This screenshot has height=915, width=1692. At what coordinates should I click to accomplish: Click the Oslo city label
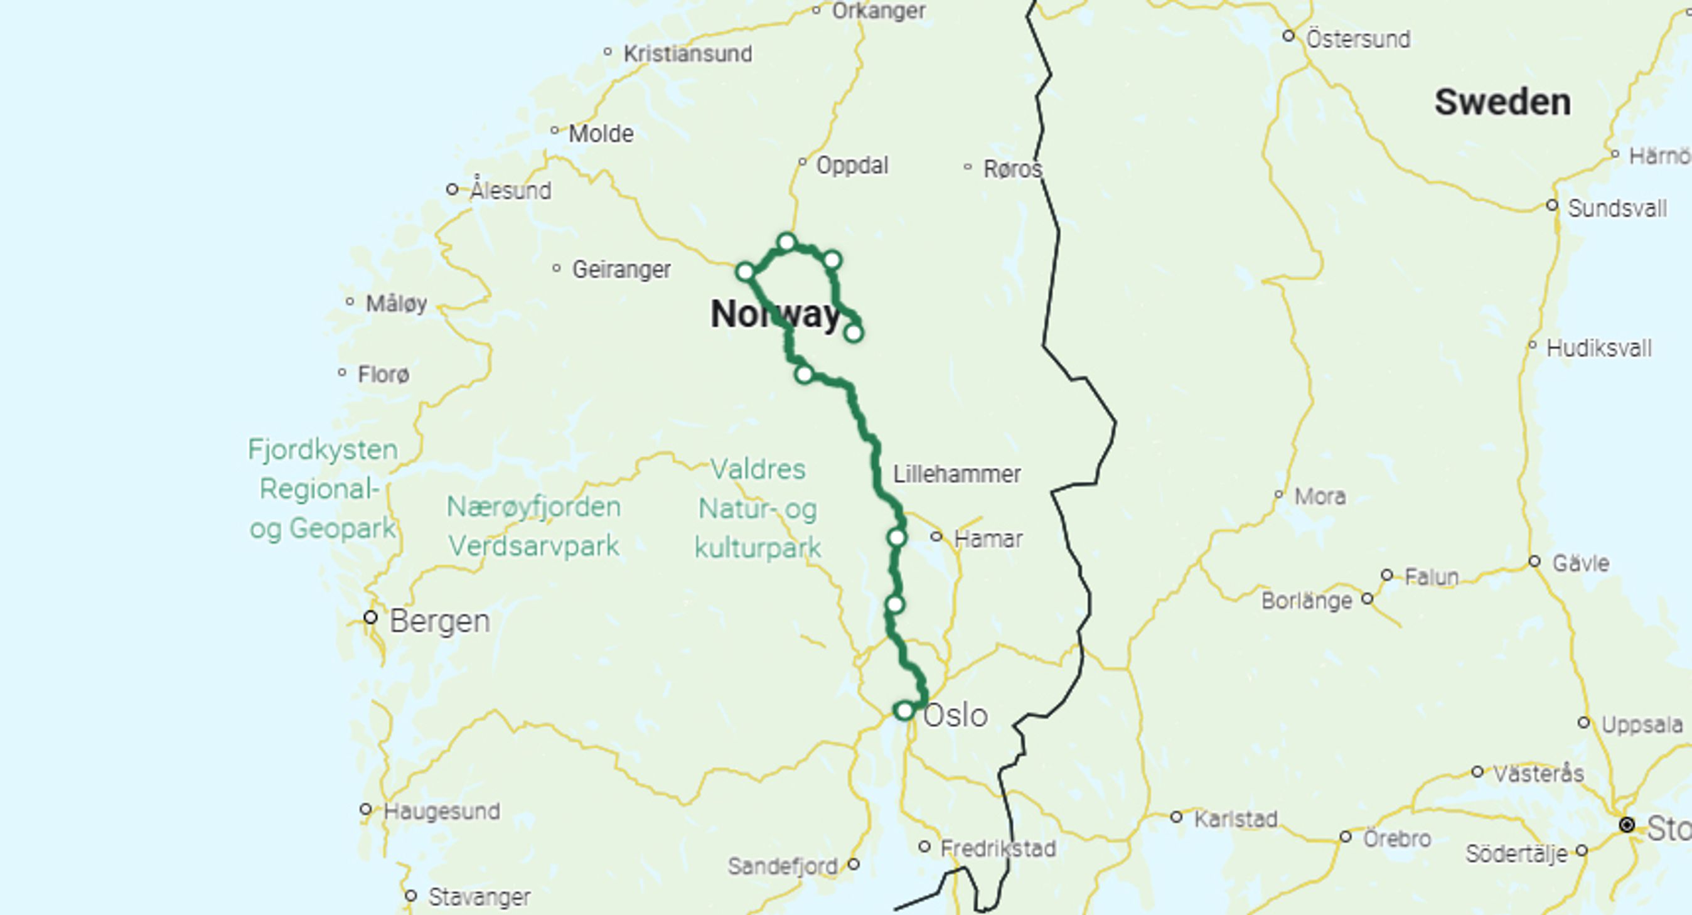coord(955,715)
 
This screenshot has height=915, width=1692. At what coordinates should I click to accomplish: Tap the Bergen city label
coord(439,621)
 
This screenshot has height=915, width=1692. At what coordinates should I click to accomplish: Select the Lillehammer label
coord(956,474)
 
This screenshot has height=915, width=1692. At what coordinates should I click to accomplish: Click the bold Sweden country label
coord(1502,102)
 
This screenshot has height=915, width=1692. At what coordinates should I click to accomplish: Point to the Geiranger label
coord(621,269)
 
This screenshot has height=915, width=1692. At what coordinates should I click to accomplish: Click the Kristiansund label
coord(687,54)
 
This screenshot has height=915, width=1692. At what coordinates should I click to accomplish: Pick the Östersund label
coord(1357,40)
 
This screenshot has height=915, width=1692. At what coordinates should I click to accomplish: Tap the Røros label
coord(1012,169)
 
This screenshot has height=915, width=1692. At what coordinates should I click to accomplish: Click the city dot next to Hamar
coord(936,537)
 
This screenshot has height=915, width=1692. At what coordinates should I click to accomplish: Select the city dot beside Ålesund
coord(452,190)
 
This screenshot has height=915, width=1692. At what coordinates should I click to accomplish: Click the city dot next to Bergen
coord(370,618)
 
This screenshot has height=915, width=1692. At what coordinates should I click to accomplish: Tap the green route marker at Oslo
coord(904,710)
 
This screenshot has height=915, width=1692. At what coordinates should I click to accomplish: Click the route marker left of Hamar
coord(897,537)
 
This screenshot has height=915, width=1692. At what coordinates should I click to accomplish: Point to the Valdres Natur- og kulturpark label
coord(758,508)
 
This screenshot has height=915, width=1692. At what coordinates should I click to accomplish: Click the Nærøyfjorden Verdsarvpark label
coord(533,526)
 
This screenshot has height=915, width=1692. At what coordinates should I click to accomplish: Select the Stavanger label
coord(479,897)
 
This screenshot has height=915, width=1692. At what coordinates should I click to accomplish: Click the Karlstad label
coord(1236,819)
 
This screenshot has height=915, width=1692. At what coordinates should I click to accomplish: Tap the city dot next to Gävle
coord(1534,562)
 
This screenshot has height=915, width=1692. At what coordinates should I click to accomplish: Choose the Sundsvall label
coord(1617,209)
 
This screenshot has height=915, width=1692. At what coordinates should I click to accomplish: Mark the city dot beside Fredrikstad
coord(924,847)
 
